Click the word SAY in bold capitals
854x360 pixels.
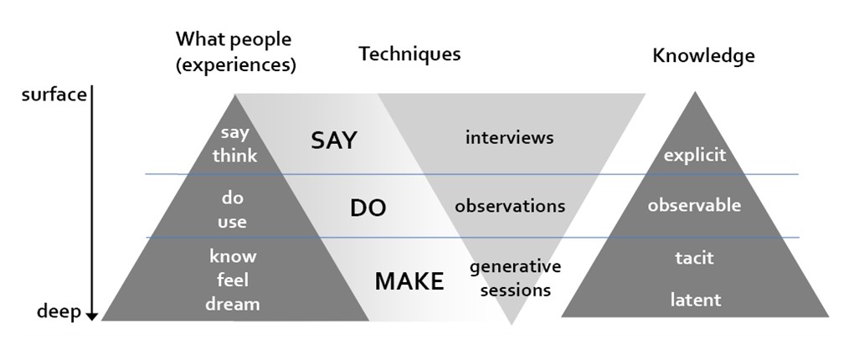pos(333,141)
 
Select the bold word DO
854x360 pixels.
pos(368,208)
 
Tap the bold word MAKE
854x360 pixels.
pos(409,282)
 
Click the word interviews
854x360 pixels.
pos(509,137)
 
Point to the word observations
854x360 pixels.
pos(510,206)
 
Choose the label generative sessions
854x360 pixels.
pos(515,279)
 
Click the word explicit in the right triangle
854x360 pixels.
pos(694,156)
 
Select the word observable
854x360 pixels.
pos(694,205)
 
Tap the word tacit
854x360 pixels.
pos(694,258)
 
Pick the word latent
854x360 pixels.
pos(695,300)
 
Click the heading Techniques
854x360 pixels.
pos(409,54)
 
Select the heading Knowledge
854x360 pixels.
pos(703,56)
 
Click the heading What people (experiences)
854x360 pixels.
pos(235,52)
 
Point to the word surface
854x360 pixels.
pos(54,95)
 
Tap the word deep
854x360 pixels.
pos(59,312)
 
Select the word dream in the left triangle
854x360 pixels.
pos(233,304)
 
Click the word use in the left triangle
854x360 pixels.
pos(233,222)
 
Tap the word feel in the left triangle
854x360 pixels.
pos(233,280)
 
